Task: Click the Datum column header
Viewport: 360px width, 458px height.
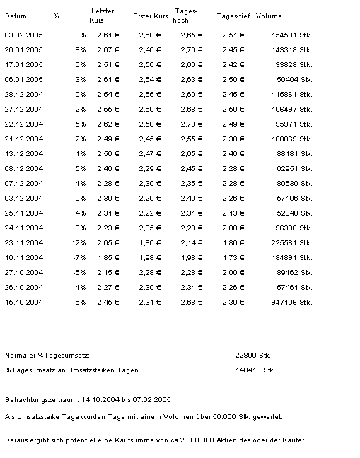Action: (x=16, y=16)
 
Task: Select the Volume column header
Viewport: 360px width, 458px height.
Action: (x=269, y=16)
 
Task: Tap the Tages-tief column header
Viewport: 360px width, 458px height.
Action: (x=233, y=16)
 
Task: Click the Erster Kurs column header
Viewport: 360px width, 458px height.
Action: (x=150, y=16)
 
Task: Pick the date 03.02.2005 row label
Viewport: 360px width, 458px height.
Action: (x=24, y=34)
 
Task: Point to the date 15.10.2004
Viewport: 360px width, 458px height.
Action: (x=24, y=303)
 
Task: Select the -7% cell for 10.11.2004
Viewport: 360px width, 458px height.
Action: (x=79, y=257)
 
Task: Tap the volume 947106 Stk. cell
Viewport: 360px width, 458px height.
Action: (x=291, y=303)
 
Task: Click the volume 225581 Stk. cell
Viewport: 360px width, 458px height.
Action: (x=291, y=242)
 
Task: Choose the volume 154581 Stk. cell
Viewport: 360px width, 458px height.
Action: (x=291, y=34)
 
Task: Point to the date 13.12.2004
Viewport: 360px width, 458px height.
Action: (x=24, y=153)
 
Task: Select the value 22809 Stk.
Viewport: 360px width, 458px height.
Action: (x=252, y=355)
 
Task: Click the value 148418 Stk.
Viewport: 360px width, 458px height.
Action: (x=252, y=370)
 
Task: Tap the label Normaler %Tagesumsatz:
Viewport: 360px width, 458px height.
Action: (x=47, y=355)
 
